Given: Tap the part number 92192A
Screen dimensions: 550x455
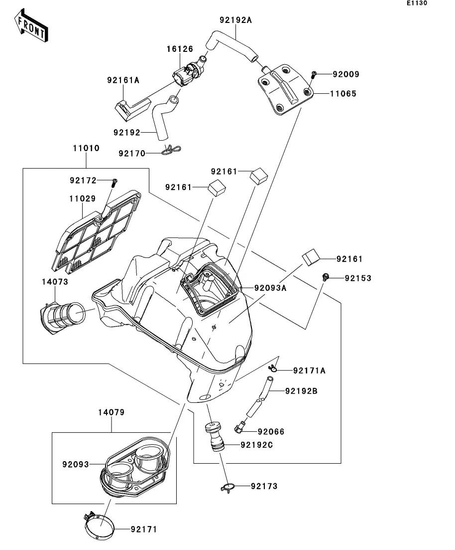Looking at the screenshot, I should coord(235,20).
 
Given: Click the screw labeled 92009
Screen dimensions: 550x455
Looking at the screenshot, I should coord(313,75).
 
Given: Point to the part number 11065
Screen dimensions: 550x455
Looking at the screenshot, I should coord(343,93).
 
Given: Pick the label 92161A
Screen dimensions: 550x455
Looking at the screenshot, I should coord(123,79).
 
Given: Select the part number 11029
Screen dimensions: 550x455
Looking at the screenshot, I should coord(82,198).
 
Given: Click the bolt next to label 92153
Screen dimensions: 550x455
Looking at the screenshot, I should coord(325,277).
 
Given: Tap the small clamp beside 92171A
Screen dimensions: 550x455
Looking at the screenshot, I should coord(273,368).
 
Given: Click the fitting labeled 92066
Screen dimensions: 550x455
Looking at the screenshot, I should coord(240,427).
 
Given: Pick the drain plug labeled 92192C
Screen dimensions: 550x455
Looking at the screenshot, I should coord(216,437).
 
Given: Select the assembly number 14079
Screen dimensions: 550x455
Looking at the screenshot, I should coord(111,413).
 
